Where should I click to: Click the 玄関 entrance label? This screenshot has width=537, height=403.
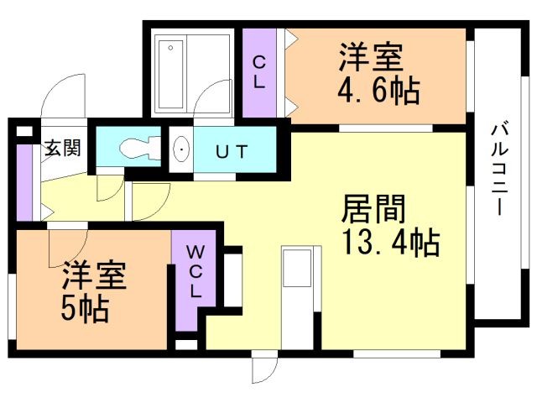(x=63, y=148)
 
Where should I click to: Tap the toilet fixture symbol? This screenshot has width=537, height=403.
(x=140, y=148)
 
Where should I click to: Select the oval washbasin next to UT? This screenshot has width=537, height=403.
(x=181, y=149)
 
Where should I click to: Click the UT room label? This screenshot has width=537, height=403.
(x=232, y=151)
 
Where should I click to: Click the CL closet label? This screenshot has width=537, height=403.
(x=259, y=72)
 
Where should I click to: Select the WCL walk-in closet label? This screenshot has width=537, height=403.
(x=196, y=272)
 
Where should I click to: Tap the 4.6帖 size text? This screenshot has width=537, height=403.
(x=378, y=91)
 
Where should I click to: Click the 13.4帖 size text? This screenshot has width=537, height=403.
(x=391, y=243)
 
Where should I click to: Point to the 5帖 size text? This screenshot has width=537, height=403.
(x=85, y=309)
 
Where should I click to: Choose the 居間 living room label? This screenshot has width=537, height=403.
(x=373, y=209)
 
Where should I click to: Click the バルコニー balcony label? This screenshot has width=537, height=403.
(x=500, y=170)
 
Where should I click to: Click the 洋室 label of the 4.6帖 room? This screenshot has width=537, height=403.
(x=372, y=57)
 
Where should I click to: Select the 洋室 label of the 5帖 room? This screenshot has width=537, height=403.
(x=95, y=275)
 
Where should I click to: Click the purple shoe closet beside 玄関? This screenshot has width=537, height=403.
(x=24, y=183)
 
